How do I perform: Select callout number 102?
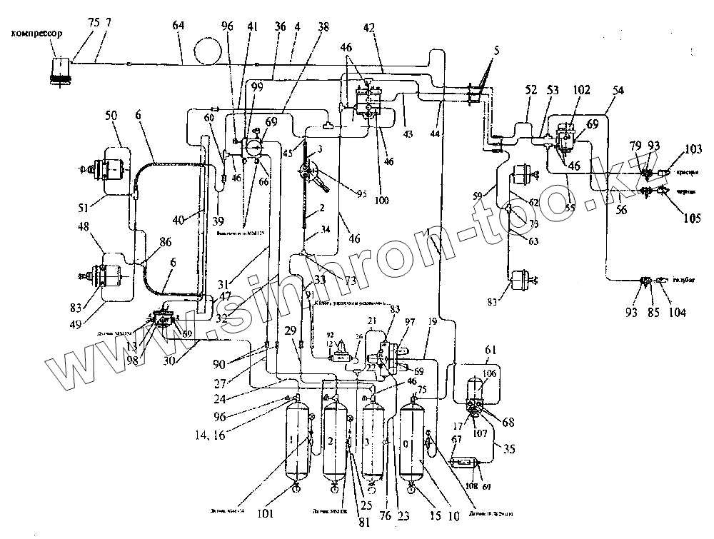point(583,91)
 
